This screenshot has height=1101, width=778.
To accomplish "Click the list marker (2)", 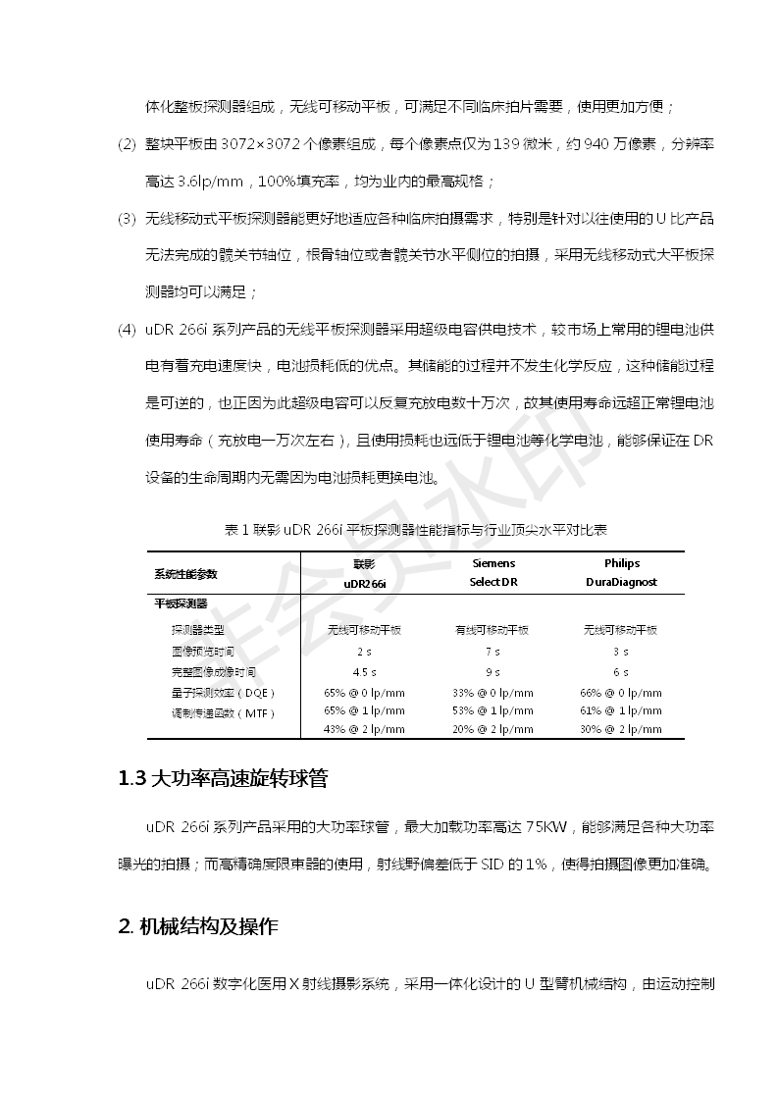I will (126, 144).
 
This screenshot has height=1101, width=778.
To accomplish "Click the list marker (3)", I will (126, 218).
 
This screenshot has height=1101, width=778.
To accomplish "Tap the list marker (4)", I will (126, 329).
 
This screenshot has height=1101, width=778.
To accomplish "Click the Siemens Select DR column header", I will (493, 573).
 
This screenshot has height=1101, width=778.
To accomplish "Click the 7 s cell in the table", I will (493, 652).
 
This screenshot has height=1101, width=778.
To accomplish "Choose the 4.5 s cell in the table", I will (365, 672).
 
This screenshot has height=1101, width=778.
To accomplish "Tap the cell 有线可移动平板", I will (493, 630).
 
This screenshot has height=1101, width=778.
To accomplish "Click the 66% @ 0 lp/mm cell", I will (621, 693).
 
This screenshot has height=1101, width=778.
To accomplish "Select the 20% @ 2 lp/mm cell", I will (493, 730).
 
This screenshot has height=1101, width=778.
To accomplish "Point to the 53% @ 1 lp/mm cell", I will (493, 711).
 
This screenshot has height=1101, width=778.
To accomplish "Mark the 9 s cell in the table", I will (493, 672).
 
